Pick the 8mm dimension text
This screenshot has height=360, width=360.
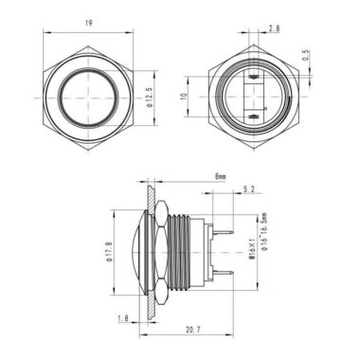(x=221, y=176)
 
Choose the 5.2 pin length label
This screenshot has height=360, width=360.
(x=248, y=190)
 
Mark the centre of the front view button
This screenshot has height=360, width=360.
(x=89, y=96)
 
